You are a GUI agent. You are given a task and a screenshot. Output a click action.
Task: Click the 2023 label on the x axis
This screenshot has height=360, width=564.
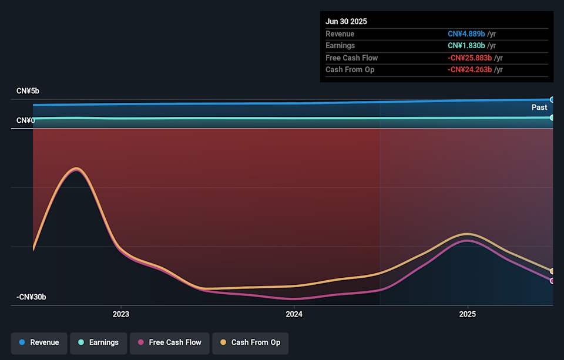120,314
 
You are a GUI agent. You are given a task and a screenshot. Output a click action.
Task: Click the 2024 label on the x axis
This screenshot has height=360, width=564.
294,314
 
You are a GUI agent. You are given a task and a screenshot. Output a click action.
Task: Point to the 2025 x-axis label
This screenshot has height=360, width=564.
467,314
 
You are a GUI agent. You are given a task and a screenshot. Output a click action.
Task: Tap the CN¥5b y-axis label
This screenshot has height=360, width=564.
28,91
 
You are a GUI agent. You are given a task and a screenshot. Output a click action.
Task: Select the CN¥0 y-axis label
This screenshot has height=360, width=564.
25,120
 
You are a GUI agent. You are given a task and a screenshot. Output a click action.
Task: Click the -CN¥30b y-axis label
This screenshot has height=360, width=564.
31,297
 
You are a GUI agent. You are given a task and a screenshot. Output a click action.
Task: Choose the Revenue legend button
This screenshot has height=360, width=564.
39,342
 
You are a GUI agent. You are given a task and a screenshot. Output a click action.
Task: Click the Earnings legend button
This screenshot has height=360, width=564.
98,342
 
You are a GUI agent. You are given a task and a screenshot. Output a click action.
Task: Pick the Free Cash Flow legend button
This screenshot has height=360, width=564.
169,342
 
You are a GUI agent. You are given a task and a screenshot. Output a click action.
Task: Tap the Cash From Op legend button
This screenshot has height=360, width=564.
250,342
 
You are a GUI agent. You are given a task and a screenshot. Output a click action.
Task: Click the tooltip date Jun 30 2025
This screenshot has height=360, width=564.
346,22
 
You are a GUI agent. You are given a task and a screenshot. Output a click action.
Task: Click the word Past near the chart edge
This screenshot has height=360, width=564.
539,107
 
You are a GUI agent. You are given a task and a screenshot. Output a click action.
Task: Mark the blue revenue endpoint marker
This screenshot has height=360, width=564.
552,100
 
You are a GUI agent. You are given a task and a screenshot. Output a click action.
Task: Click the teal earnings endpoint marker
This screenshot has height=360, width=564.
552,117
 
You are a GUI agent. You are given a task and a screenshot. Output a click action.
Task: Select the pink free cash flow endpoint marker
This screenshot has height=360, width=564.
552,281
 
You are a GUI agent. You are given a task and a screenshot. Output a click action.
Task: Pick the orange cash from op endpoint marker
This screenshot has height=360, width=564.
552,271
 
